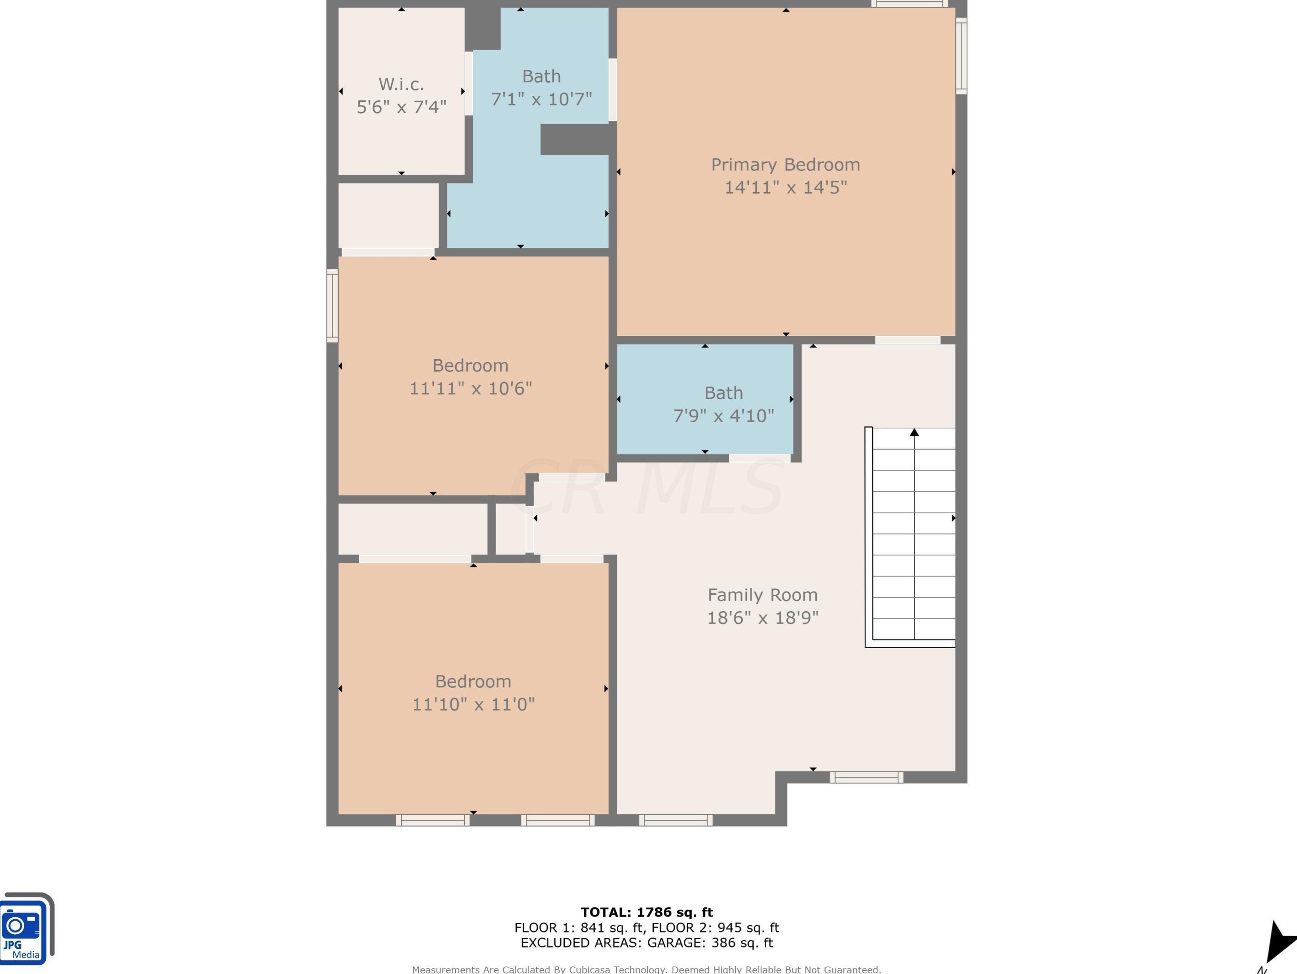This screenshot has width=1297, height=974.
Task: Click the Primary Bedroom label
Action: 786,165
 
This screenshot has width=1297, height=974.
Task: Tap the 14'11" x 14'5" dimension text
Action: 786,188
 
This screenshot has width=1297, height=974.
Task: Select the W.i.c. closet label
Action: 401,84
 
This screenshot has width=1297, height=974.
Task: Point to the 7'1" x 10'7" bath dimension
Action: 541,99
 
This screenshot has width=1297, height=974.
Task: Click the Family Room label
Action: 762,595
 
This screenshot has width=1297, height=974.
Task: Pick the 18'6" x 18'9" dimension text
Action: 762,618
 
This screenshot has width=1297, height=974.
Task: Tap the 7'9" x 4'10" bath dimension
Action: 724,415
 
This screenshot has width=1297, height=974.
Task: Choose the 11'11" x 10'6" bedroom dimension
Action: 470,388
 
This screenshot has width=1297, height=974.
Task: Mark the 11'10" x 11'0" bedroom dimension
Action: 473,704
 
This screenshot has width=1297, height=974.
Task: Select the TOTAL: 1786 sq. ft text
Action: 647,912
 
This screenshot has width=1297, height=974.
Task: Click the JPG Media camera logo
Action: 26,928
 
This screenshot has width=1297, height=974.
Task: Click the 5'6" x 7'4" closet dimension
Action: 401,107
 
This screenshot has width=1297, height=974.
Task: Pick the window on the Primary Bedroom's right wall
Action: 961,56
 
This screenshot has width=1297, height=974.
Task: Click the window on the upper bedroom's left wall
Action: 332,306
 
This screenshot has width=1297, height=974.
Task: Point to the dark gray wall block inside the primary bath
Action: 578,140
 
